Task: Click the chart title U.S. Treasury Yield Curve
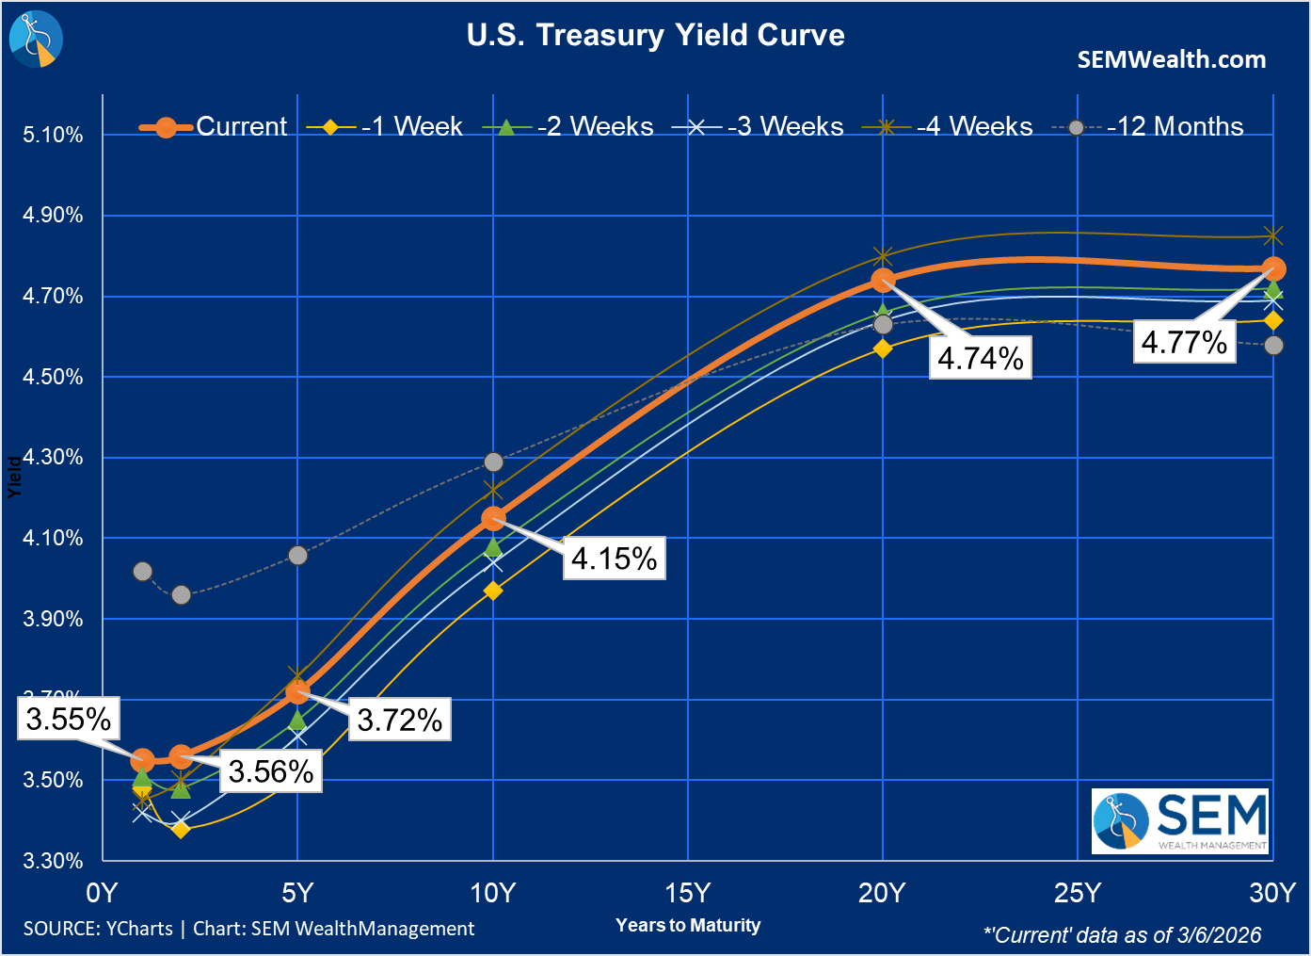click(655, 36)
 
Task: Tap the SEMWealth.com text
click(1171, 60)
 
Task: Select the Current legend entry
click(214, 126)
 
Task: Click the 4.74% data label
click(981, 359)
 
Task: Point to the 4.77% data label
click(1184, 342)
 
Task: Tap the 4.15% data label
click(614, 559)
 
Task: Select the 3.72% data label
click(400, 721)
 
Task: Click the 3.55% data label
click(69, 720)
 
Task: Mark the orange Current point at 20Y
click(883, 280)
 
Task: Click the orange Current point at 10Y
click(493, 518)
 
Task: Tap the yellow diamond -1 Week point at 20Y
click(883, 348)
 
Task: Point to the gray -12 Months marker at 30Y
click(1273, 346)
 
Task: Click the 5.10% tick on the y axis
click(54, 135)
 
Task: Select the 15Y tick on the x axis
click(688, 893)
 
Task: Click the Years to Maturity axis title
click(688, 926)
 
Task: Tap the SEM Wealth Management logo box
click(1180, 821)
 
